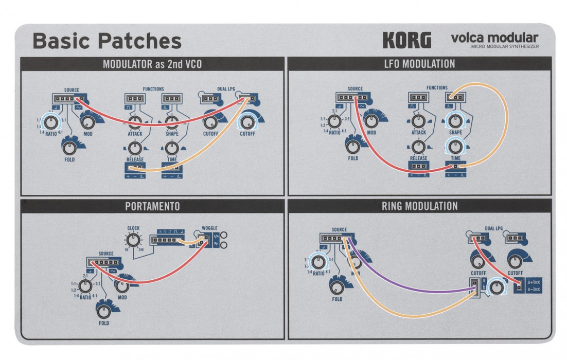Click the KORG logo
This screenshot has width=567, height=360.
point(406,40)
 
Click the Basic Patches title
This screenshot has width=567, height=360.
point(107,41)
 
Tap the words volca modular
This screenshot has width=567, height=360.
point(494,38)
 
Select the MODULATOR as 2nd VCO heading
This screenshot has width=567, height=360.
point(152,64)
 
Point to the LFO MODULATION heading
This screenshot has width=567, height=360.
point(419,64)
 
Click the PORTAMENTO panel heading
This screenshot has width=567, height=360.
point(152,206)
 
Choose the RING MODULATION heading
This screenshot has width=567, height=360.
point(419,206)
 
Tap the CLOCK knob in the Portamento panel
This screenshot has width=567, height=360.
point(133,239)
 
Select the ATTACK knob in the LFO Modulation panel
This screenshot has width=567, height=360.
point(419,120)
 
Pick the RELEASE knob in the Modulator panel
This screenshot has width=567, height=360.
point(135,149)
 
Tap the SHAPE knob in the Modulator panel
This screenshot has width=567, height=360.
point(172,121)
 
